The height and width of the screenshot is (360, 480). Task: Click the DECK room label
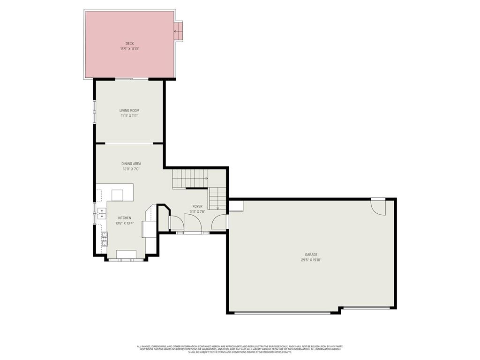(x=129, y=44)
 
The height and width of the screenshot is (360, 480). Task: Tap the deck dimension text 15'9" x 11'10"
(x=129, y=49)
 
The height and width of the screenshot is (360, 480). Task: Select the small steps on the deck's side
(x=178, y=31)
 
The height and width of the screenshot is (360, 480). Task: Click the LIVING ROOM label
(x=129, y=111)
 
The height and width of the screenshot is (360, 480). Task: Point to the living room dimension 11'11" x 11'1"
(x=129, y=116)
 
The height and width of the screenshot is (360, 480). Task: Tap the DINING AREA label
(x=131, y=164)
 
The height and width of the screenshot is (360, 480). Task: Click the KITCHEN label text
(x=125, y=218)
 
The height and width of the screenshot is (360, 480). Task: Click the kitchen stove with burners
(x=105, y=239)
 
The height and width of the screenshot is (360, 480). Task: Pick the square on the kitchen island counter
(x=117, y=195)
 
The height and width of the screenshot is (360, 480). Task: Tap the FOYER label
(x=197, y=206)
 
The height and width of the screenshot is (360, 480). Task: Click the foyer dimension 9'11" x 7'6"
(x=197, y=211)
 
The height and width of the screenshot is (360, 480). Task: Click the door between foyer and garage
(x=220, y=222)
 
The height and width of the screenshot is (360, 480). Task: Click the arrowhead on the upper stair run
(x=206, y=178)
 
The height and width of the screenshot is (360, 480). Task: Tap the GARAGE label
(x=311, y=255)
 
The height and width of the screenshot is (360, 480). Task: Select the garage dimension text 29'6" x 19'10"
(x=311, y=260)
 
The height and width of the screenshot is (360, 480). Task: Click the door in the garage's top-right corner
(x=378, y=206)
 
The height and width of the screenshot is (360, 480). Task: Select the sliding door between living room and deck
(x=133, y=79)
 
